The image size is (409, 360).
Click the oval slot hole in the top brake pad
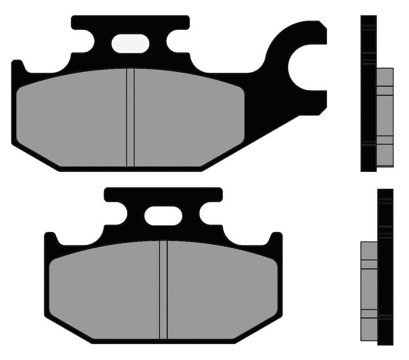(x=130, y=44)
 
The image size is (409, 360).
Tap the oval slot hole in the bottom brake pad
(x=163, y=215)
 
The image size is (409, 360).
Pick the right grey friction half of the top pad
(x=189, y=118)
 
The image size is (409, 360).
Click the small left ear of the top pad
(x=17, y=66)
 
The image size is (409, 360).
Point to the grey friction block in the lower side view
(x=369, y=291)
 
